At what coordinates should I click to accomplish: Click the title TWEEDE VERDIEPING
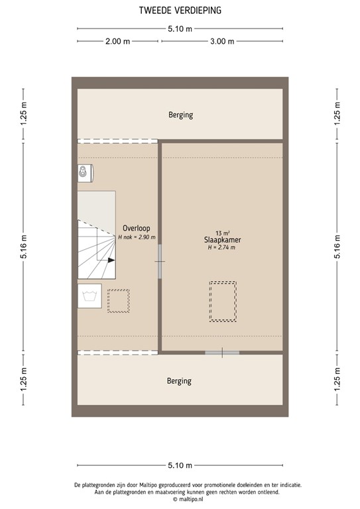pyautogui.click(x=180, y=10)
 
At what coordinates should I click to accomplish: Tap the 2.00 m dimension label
pyautogui.click(x=117, y=41)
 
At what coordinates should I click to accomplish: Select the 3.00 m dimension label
pyautogui.click(x=222, y=41)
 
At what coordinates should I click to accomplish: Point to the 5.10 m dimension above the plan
pyautogui.click(x=180, y=28)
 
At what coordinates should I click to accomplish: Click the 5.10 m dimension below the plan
pyautogui.click(x=180, y=465)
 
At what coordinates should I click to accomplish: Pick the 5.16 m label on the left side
pyautogui.click(x=23, y=247)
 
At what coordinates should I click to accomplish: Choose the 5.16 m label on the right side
pyautogui.click(x=337, y=247)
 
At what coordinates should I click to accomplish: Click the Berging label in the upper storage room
pyautogui.click(x=180, y=115)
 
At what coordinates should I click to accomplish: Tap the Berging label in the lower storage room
pyautogui.click(x=179, y=381)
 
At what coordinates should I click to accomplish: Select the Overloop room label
pyautogui.click(x=135, y=227)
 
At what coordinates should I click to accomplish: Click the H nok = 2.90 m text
pyautogui.click(x=137, y=237)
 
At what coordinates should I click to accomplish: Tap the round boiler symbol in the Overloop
pyautogui.click(x=84, y=173)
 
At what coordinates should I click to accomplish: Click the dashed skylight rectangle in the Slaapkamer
pyautogui.click(x=223, y=302)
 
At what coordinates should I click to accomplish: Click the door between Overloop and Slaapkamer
pyautogui.click(x=160, y=260)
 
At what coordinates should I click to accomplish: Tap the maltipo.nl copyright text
pyautogui.click(x=180, y=499)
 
